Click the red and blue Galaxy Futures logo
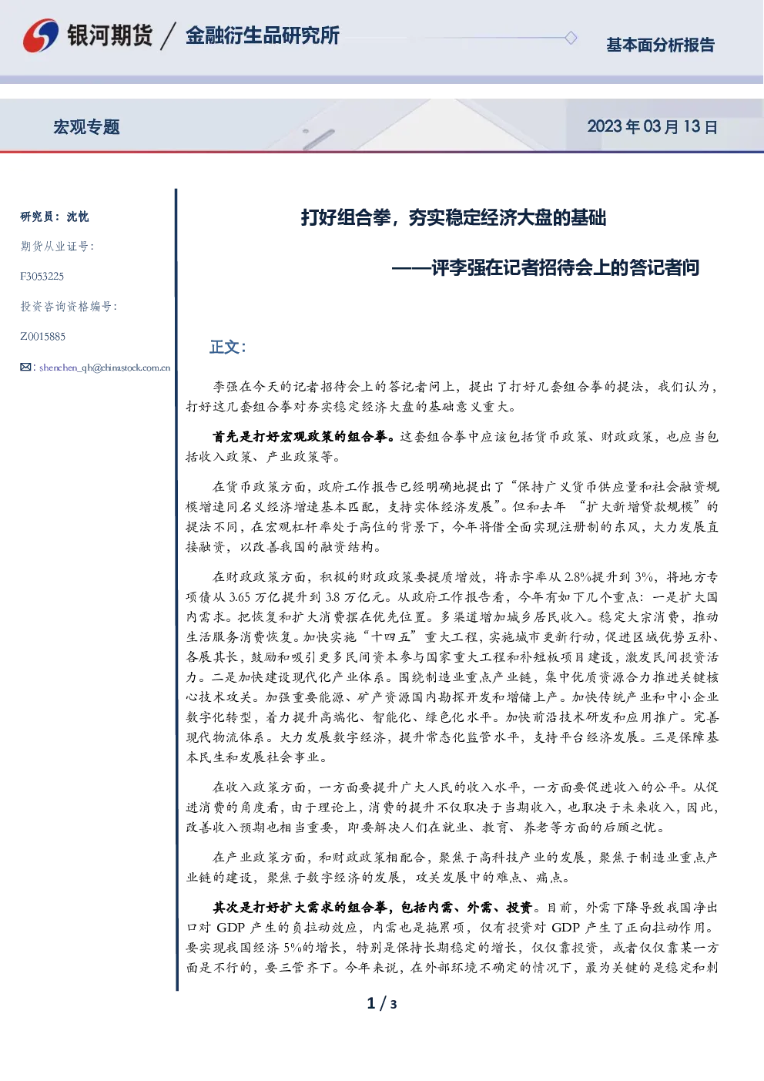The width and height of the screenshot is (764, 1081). pyautogui.click(x=41, y=35)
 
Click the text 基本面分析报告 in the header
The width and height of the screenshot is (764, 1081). pyautogui.click(x=660, y=45)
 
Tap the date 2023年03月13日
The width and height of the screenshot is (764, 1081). pyautogui.click(x=652, y=126)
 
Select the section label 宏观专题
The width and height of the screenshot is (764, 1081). pyautogui.click(x=86, y=127)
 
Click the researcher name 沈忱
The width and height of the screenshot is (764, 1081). pyautogui.click(x=78, y=217)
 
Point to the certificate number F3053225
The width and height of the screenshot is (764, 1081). pyautogui.click(x=42, y=277)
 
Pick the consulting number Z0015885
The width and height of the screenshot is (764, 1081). pyautogui.click(x=42, y=337)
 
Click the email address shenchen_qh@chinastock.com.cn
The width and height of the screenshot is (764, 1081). pyautogui.click(x=105, y=368)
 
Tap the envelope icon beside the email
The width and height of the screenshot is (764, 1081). pyautogui.click(x=25, y=368)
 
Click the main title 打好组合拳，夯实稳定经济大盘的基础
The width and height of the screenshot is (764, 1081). pyautogui.click(x=454, y=217)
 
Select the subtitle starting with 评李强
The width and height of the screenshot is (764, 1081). pyautogui.click(x=545, y=267)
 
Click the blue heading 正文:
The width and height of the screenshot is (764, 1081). pyautogui.click(x=228, y=347)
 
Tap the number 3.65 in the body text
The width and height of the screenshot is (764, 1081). pyautogui.click(x=240, y=597)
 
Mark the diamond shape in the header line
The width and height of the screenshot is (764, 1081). pyautogui.click(x=571, y=38)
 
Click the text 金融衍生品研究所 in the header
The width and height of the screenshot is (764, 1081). pyautogui.click(x=263, y=35)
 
